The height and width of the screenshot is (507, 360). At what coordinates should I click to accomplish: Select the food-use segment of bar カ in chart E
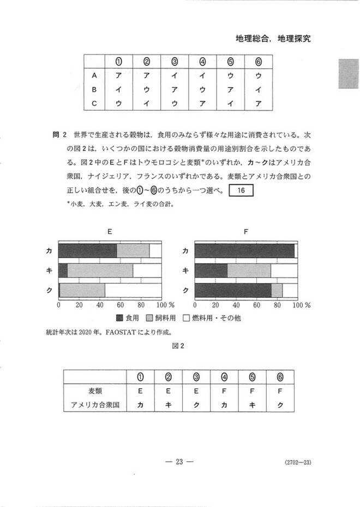pos(87,250)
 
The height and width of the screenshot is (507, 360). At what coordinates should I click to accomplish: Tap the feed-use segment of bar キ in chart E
pos(100,270)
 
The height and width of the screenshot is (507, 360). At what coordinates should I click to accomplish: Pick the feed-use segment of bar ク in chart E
pos(82,291)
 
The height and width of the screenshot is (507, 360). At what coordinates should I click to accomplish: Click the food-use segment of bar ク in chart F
pos(233,291)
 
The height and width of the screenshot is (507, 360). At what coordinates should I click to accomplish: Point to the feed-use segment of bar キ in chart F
pos(249,270)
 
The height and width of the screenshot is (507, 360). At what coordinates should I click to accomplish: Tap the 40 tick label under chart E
pos(100,305)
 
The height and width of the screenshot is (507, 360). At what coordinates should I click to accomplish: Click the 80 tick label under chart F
pos(277,305)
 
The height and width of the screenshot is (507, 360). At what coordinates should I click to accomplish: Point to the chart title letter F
pos(246,232)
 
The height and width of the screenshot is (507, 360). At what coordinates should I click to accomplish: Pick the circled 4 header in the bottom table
pos(224,377)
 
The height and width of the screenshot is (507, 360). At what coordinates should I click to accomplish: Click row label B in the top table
pos(95,89)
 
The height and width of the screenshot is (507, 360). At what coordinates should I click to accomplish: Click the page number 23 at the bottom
pos(180,462)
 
